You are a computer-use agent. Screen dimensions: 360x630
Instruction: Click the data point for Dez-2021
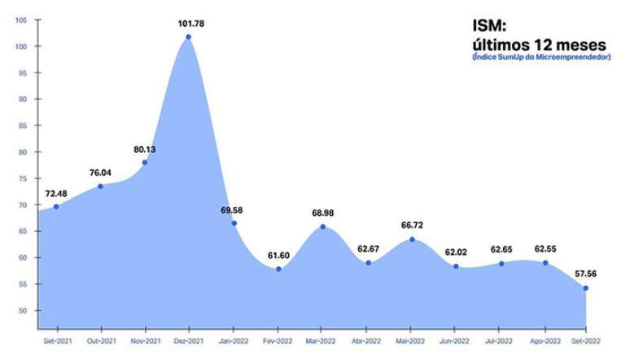[189, 37]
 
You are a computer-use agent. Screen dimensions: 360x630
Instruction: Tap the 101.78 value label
[191, 24]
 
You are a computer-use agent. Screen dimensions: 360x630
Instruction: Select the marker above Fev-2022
[278, 269]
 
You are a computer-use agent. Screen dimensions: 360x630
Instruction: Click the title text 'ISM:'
[490, 28]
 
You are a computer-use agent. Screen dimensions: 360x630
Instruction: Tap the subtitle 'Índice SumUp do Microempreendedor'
[540, 57]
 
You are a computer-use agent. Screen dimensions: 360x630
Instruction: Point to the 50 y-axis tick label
[24, 311]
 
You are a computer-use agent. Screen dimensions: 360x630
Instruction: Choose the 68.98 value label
[323, 213]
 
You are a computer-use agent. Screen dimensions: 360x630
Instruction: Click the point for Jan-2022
[234, 223]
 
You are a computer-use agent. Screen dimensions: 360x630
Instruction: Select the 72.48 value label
[56, 193]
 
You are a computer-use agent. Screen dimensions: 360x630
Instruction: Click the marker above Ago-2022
[545, 263]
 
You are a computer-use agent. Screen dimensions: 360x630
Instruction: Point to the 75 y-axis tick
[24, 179]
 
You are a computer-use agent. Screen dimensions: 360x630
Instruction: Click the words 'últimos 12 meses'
[539, 44]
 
